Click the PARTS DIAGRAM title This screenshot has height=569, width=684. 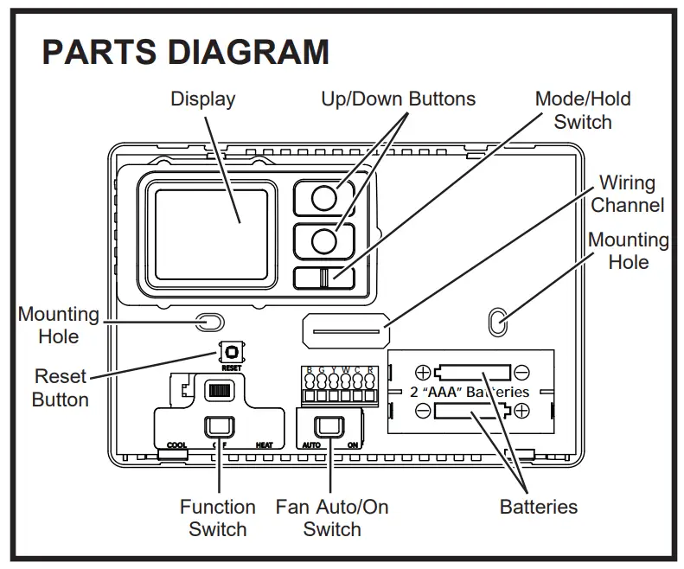click(x=186, y=52)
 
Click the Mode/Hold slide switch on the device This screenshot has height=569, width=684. click(x=323, y=278)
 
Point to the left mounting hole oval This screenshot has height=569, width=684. click(x=208, y=323)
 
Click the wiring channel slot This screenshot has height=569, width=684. click(x=343, y=330)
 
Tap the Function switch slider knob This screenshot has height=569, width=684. click(x=218, y=426)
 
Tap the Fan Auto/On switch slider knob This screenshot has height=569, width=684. click(x=328, y=426)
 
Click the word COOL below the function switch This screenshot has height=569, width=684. click(x=176, y=445)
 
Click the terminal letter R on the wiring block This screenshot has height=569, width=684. click(x=371, y=371)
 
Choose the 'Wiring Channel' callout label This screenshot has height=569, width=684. click(x=628, y=194)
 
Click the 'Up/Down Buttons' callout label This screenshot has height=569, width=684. click(x=398, y=99)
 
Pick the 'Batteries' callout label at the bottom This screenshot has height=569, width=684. click(x=538, y=507)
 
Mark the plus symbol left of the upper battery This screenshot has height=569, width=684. click(x=423, y=373)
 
